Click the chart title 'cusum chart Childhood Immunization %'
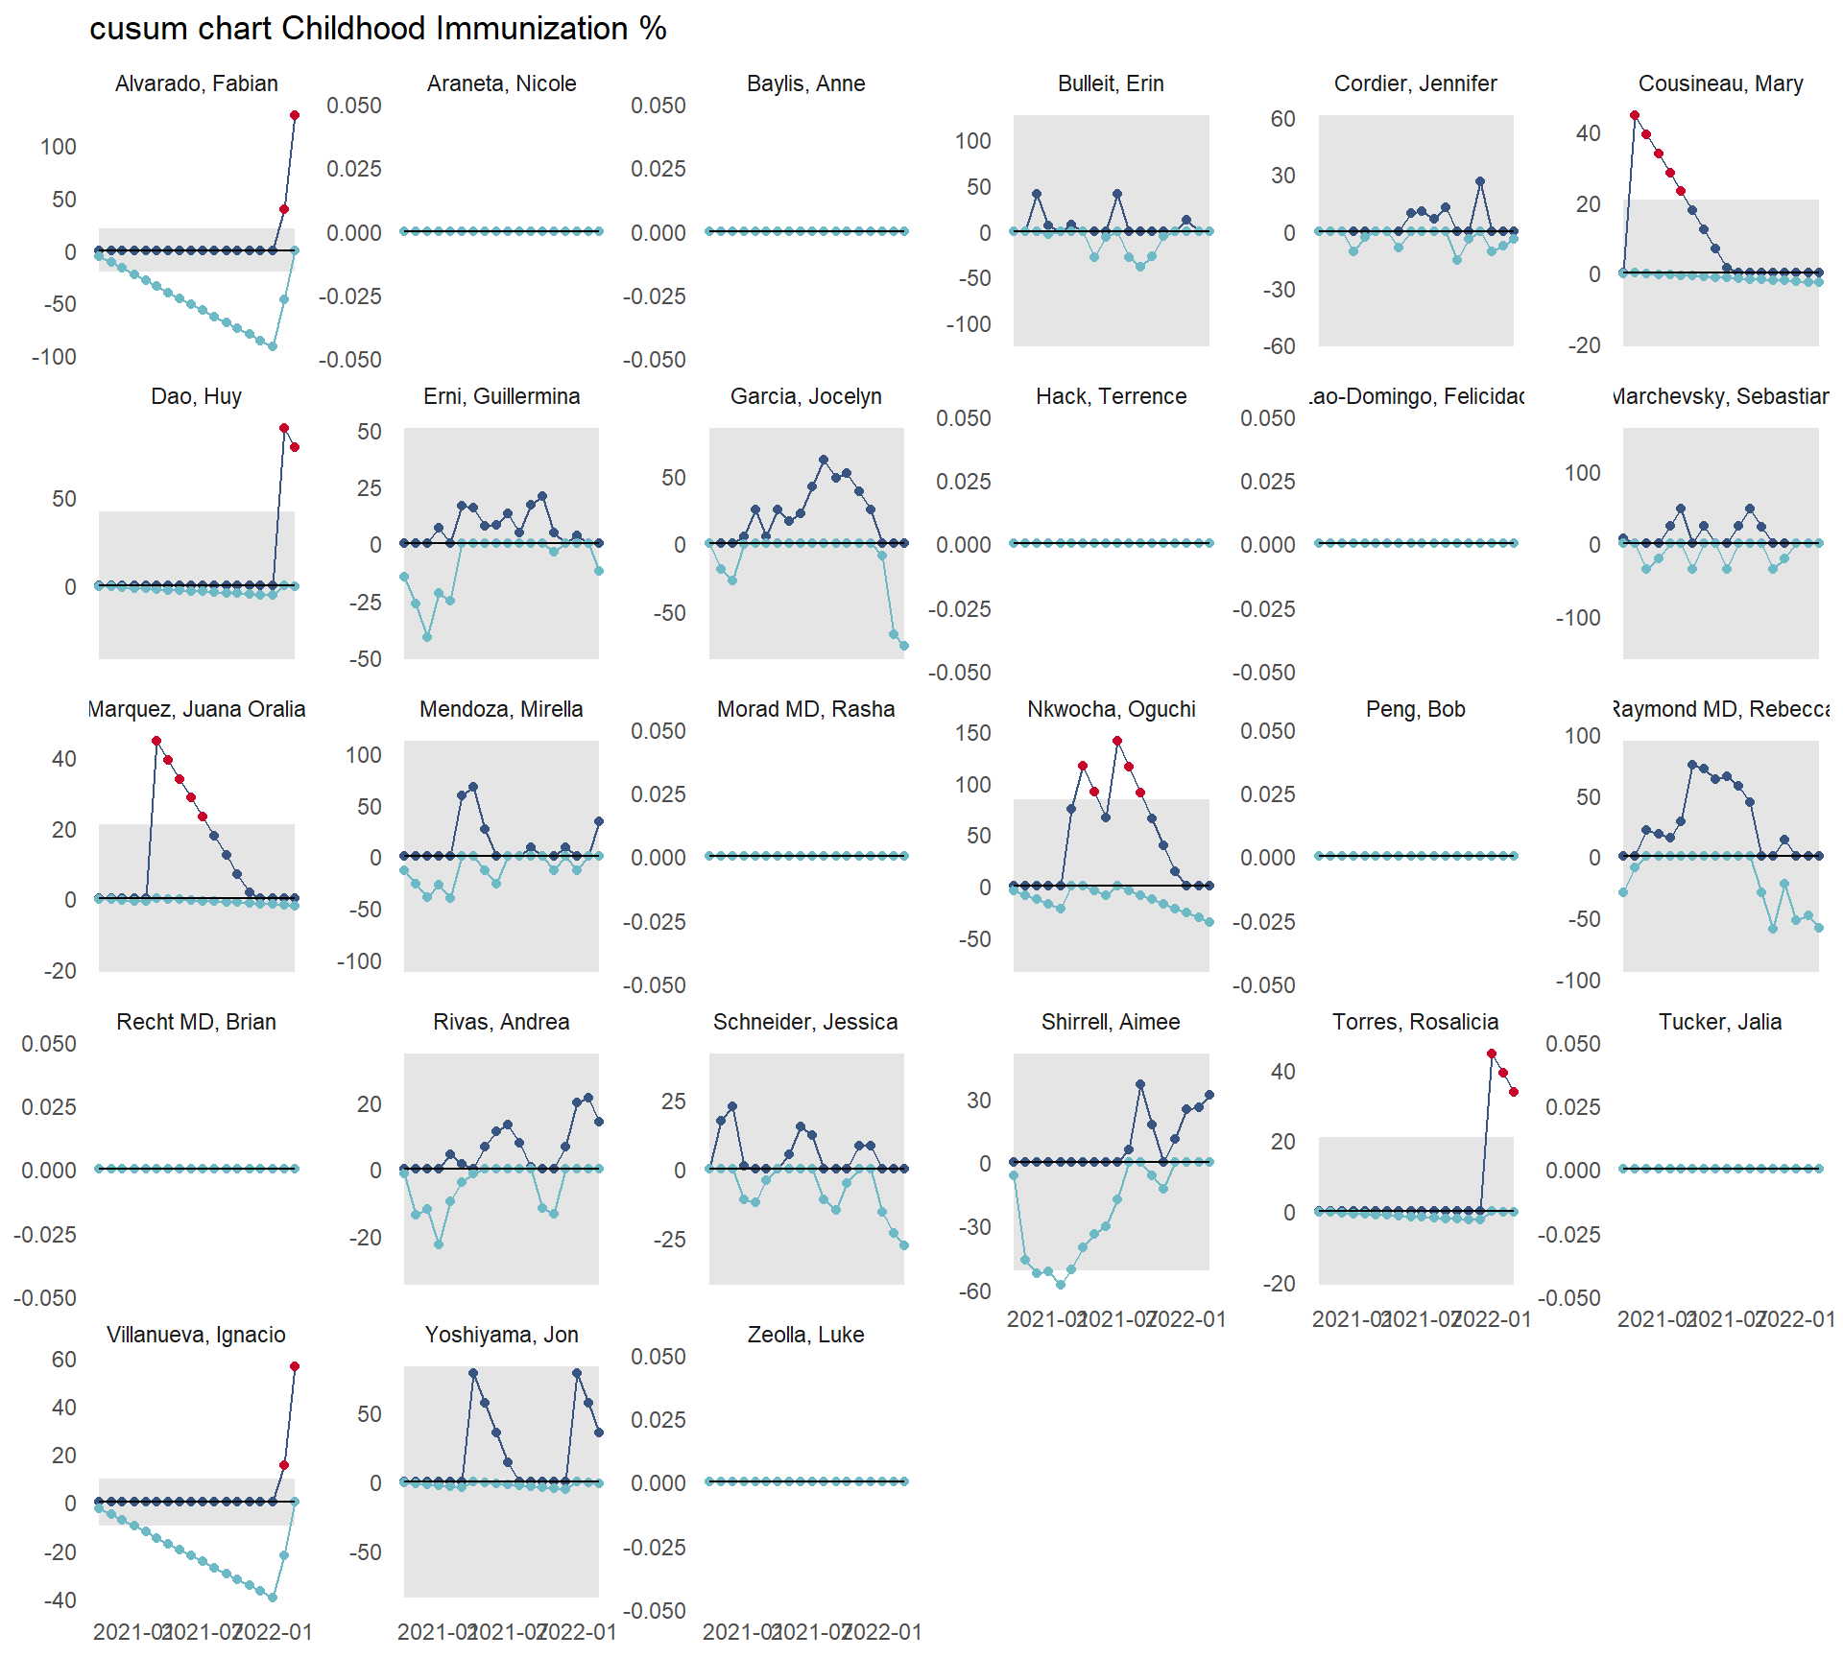(377, 29)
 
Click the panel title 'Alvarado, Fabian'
(197, 83)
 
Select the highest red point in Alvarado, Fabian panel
(295, 116)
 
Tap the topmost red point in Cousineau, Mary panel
(1635, 115)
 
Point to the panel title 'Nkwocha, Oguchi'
(1111, 709)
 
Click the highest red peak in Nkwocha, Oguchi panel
(1117, 741)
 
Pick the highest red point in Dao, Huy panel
(284, 428)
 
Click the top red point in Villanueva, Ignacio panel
(295, 1366)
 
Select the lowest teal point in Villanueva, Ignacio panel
(273, 1598)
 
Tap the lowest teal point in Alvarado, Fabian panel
(273, 346)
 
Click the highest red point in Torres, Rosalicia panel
(1492, 1054)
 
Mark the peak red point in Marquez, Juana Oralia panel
(156, 741)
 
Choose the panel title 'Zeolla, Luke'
(805, 1335)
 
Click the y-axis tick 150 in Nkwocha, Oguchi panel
(972, 733)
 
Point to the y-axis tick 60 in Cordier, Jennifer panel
(1282, 119)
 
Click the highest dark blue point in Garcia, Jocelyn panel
(824, 460)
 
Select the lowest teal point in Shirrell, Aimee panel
(1061, 1284)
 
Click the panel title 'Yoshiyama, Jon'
(501, 1335)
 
